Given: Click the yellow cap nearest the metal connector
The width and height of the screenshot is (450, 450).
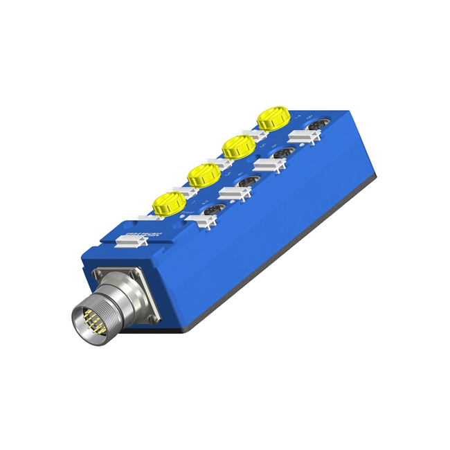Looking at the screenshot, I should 168,202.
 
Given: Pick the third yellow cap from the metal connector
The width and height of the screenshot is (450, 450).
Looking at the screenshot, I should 237,146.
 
